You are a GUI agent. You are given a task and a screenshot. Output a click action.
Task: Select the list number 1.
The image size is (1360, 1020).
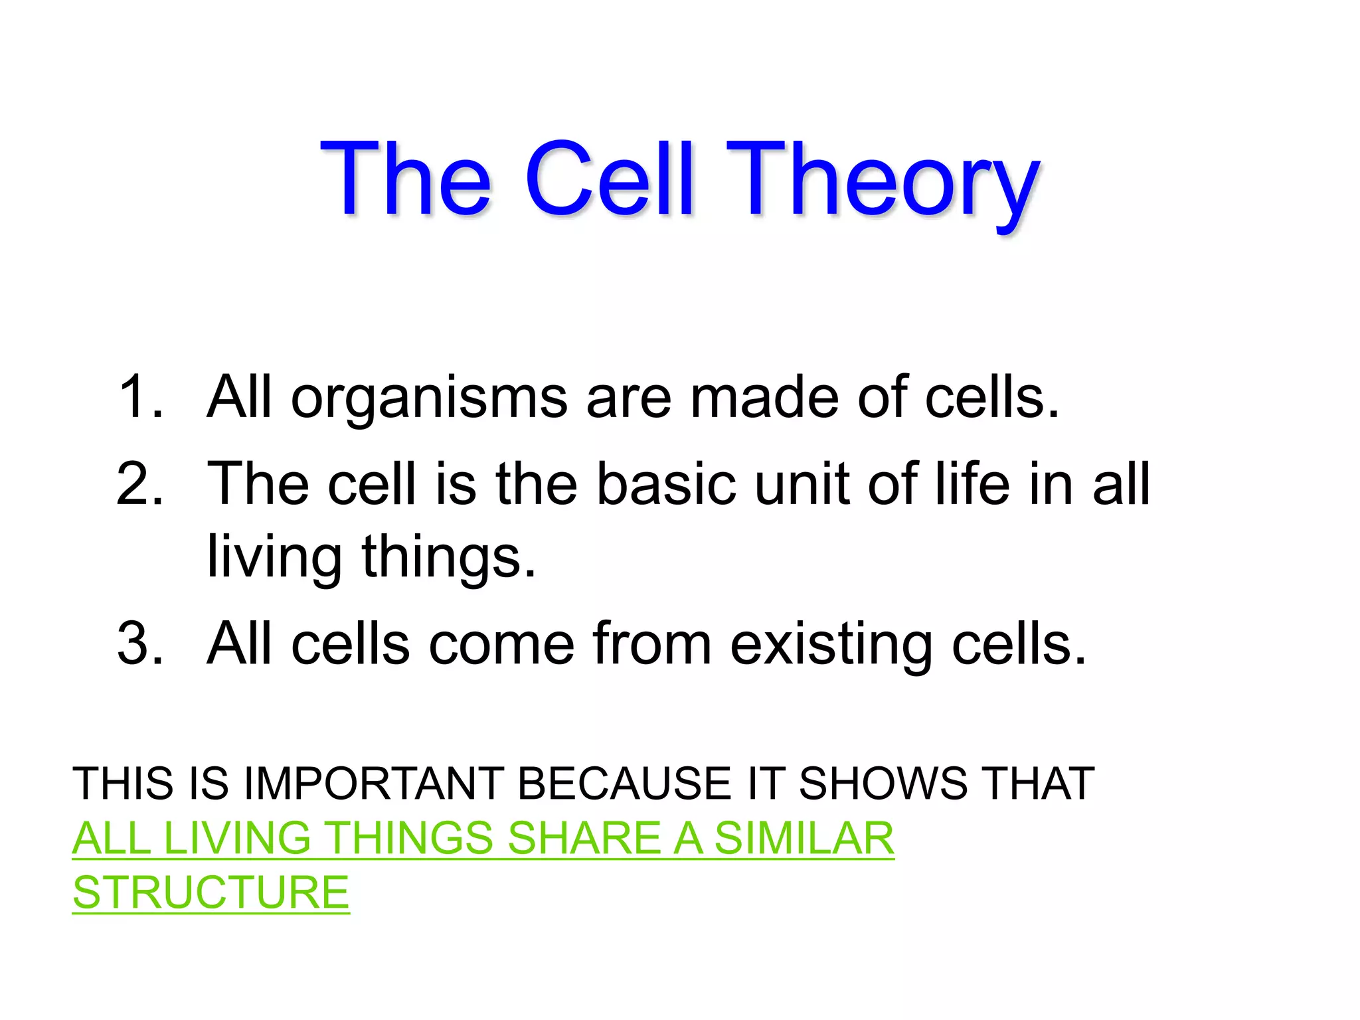[139, 397]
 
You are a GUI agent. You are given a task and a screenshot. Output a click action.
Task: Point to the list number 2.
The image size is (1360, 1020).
[139, 484]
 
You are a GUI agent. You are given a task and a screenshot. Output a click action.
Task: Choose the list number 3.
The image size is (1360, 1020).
[139, 643]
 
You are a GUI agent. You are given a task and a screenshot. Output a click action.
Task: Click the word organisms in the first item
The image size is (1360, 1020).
[429, 398]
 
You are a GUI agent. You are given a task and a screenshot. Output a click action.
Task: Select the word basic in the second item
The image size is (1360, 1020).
[666, 484]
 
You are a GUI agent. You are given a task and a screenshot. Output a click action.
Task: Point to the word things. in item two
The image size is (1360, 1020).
[448, 558]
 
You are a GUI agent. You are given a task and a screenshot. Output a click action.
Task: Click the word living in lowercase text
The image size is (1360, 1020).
[274, 558]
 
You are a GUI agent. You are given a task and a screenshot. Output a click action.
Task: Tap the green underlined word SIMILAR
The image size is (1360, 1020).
[804, 838]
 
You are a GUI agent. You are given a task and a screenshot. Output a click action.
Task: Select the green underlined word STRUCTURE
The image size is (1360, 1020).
[211, 892]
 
